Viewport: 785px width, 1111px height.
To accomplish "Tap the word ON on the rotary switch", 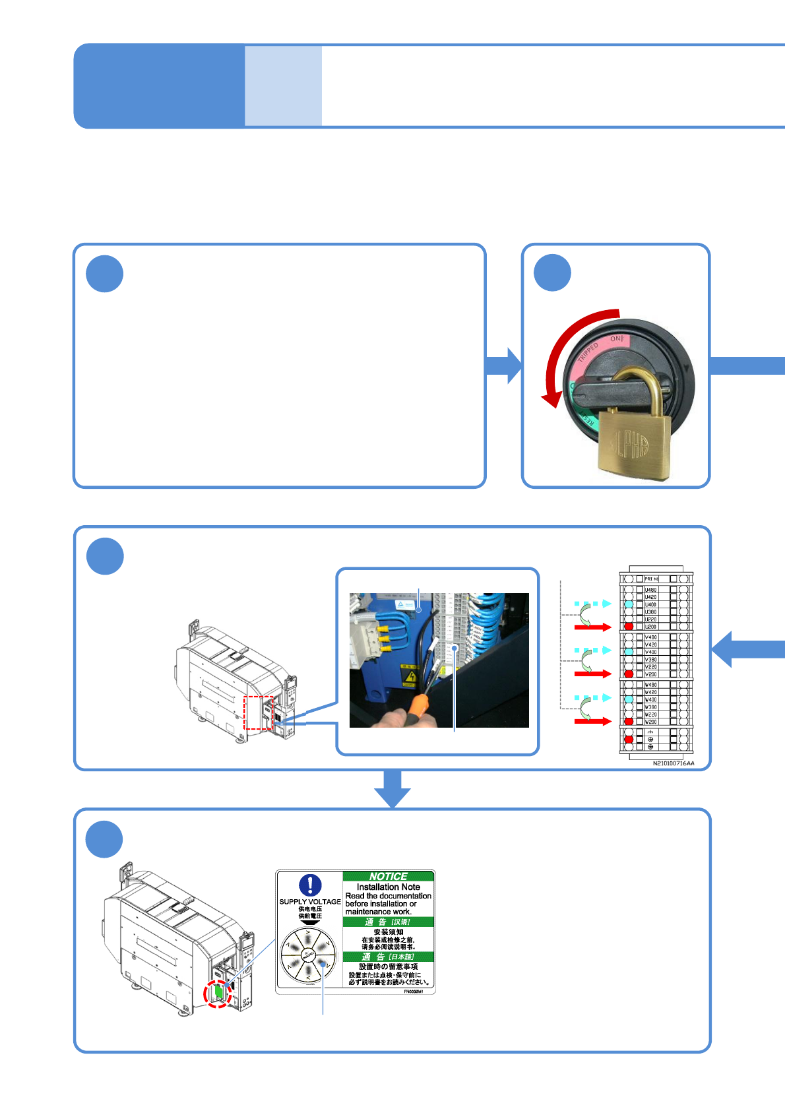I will point(615,339).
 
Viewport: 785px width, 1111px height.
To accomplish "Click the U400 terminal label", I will point(650,604).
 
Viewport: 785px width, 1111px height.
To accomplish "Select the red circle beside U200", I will point(629,626).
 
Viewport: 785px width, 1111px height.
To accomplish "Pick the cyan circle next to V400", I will point(629,652).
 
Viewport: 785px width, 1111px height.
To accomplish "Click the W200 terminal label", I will point(650,722).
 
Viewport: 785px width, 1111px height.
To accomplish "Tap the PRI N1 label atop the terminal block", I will point(651,579).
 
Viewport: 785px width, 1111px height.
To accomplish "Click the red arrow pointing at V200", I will point(592,674).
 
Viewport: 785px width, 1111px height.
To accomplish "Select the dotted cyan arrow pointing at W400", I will point(592,697).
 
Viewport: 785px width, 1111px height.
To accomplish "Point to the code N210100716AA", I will point(674,763).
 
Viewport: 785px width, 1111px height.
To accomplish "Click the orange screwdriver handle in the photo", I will point(417,705).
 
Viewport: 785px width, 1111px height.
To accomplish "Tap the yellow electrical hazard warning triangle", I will point(410,677).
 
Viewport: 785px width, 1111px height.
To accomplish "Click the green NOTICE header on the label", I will point(388,876).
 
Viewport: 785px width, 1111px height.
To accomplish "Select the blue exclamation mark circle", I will point(310,885).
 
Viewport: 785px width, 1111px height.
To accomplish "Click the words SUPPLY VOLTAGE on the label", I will point(310,901).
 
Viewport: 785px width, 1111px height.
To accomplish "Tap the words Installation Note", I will point(388,887).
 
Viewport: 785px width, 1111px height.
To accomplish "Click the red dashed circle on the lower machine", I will point(218,993).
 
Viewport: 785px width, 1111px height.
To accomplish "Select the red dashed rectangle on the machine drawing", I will point(259,713).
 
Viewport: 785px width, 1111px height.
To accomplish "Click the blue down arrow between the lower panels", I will point(392,789).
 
